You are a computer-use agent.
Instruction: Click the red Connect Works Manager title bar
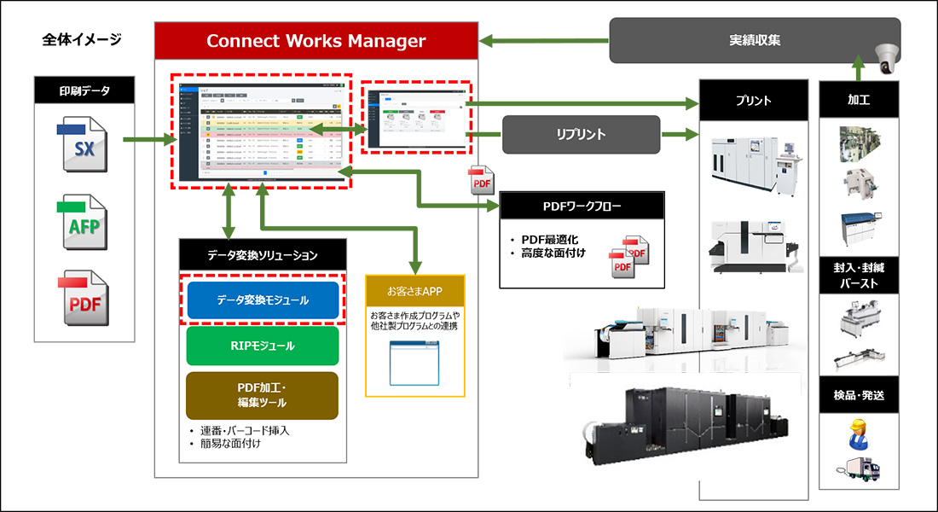pyautogui.click(x=316, y=41)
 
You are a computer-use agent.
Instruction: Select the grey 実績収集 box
pyautogui.click(x=754, y=40)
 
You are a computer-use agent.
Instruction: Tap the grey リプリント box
pyautogui.click(x=581, y=134)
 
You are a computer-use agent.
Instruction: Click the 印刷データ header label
pyautogui.click(x=84, y=90)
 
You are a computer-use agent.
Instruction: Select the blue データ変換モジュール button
pyautogui.click(x=263, y=300)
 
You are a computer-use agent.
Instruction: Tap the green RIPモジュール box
pyautogui.click(x=263, y=346)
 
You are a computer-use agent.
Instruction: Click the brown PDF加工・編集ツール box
pyautogui.click(x=263, y=394)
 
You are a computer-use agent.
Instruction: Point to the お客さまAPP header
pyautogui.click(x=415, y=291)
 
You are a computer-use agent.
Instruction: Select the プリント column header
pyautogui.click(x=753, y=100)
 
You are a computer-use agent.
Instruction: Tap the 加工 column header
pyautogui.click(x=859, y=100)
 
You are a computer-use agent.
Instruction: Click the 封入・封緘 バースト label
pyautogui.click(x=859, y=274)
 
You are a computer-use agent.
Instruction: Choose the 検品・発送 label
pyautogui.click(x=859, y=395)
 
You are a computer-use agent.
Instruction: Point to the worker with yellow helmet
pyautogui.click(x=858, y=434)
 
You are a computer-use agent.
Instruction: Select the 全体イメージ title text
pyautogui.click(x=82, y=39)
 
